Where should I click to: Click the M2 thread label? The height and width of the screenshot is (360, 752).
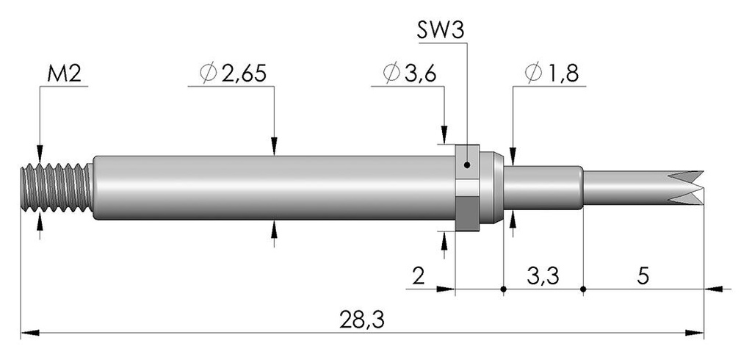click(65, 74)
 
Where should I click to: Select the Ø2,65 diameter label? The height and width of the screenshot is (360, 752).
click(233, 74)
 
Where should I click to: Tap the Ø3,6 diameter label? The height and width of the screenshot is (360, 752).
click(410, 74)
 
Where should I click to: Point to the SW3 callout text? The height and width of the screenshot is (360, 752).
click(441, 32)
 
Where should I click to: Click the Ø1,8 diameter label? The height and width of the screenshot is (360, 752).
click(552, 74)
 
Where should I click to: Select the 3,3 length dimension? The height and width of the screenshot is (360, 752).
click(543, 276)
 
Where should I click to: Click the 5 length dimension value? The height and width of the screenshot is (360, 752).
click(643, 276)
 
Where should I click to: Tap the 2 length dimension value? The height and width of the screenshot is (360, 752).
click(419, 276)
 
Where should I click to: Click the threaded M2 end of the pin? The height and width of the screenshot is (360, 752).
click(57, 187)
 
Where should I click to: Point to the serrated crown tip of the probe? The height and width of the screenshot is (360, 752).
click(686, 187)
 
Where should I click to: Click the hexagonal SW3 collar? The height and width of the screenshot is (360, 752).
click(467, 187)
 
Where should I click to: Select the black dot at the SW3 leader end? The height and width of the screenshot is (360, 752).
click(467, 165)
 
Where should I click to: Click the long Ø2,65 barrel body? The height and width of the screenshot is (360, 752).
click(274, 187)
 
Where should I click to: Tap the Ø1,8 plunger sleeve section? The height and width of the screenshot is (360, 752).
click(543, 187)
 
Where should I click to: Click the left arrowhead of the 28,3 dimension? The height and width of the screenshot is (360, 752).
click(29, 333)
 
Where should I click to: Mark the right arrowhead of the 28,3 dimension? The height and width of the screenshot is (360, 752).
click(695, 333)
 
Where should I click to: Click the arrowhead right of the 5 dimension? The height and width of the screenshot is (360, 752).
click(713, 289)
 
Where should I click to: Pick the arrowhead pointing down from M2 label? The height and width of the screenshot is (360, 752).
click(40, 154)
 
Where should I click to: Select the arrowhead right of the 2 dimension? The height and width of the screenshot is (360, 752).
click(446, 289)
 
